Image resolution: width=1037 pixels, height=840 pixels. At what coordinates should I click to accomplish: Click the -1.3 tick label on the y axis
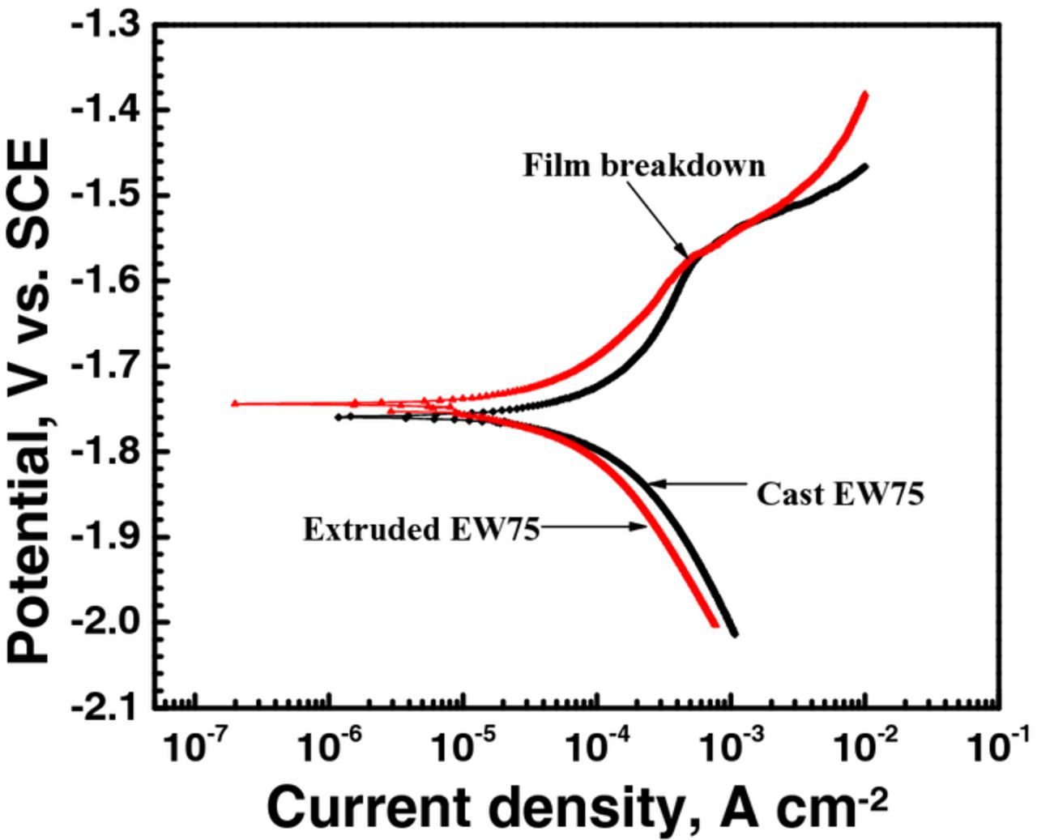(105, 25)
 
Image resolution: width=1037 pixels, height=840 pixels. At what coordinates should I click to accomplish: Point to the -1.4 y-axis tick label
(105, 109)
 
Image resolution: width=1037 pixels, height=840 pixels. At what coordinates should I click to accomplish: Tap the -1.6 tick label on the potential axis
(105, 280)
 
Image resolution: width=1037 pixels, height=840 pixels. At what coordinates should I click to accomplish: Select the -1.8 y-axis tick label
(105, 451)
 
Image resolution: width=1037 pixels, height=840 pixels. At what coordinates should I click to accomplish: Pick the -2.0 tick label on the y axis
(105, 622)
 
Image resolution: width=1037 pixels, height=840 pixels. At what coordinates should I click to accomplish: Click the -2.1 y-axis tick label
(105, 708)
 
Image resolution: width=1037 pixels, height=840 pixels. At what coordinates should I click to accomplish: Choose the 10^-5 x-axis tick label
(463, 747)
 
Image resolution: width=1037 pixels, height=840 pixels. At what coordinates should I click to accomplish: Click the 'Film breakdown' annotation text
(644, 165)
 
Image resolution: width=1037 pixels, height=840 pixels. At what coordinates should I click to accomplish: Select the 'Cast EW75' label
(840, 493)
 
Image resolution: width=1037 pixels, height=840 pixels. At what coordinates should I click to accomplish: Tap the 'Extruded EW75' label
(421, 529)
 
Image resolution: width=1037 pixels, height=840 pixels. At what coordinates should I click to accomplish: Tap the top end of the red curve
(864, 95)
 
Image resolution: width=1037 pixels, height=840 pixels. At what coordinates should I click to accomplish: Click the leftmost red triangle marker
(235, 403)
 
